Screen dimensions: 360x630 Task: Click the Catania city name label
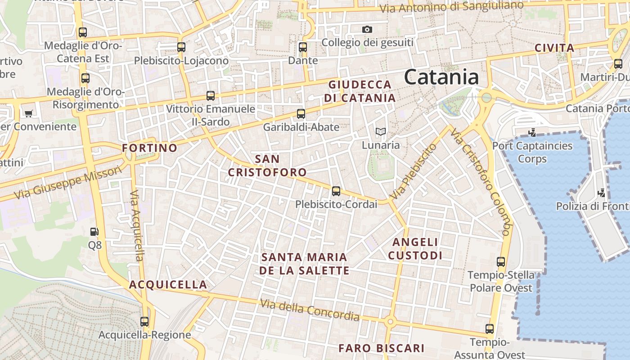point(441,77)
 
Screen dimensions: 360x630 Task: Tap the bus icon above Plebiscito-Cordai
point(336,191)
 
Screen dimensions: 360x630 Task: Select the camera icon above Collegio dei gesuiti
point(367,30)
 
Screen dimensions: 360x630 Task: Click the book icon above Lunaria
point(381,132)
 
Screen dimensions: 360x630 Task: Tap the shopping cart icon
point(29,113)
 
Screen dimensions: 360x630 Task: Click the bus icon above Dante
point(303,47)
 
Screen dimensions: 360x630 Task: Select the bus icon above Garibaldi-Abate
point(301,114)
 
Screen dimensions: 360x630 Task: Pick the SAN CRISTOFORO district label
point(267,166)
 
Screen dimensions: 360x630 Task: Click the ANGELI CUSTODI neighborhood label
point(415,249)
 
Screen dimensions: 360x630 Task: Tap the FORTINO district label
point(149,148)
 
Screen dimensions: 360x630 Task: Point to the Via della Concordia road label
point(310,310)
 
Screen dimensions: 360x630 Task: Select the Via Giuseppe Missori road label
point(68,182)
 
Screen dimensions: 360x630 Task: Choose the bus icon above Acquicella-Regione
point(144,322)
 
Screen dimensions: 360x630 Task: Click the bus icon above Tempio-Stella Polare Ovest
point(501,262)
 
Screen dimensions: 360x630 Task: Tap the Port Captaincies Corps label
point(532,152)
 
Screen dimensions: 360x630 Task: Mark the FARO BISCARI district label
point(381,348)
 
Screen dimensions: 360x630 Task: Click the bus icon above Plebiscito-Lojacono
point(181,47)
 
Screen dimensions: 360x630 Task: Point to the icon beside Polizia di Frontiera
point(601,193)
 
